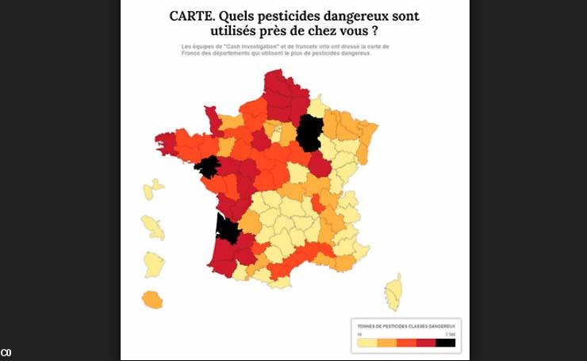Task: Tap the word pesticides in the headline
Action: [x=289, y=16]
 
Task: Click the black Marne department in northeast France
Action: [x=309, y=132]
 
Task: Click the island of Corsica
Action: [x=393, y=292]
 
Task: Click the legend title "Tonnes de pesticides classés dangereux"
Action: [x=405, y=326]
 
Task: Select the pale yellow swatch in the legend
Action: [x=366, y=343]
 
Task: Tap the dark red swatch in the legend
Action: [x=425, y=343]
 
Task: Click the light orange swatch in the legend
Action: [x=386, y=343]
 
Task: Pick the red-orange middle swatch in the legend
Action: [x=406, y=343]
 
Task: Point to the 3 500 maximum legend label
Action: [x=450, y=334]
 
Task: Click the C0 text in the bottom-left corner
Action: [x=6, y=352]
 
